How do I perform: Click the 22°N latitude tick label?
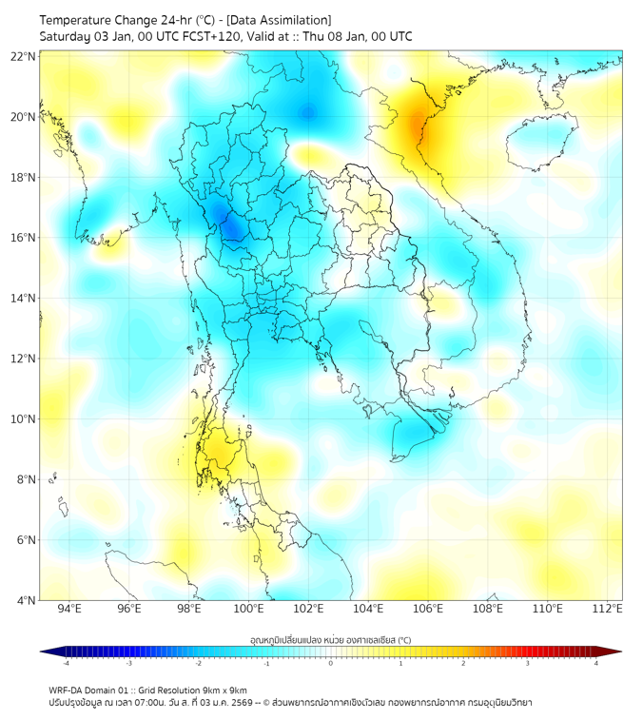(24, 56)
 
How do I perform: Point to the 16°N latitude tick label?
(24, 238)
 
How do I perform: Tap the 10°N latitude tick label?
(24, 419)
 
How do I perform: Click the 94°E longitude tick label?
(69, 609)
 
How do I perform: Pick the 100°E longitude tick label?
(248, 609)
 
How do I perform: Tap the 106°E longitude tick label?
(428, 609)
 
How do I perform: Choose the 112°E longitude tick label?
(607, 609)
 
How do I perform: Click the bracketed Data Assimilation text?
(283, 19)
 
